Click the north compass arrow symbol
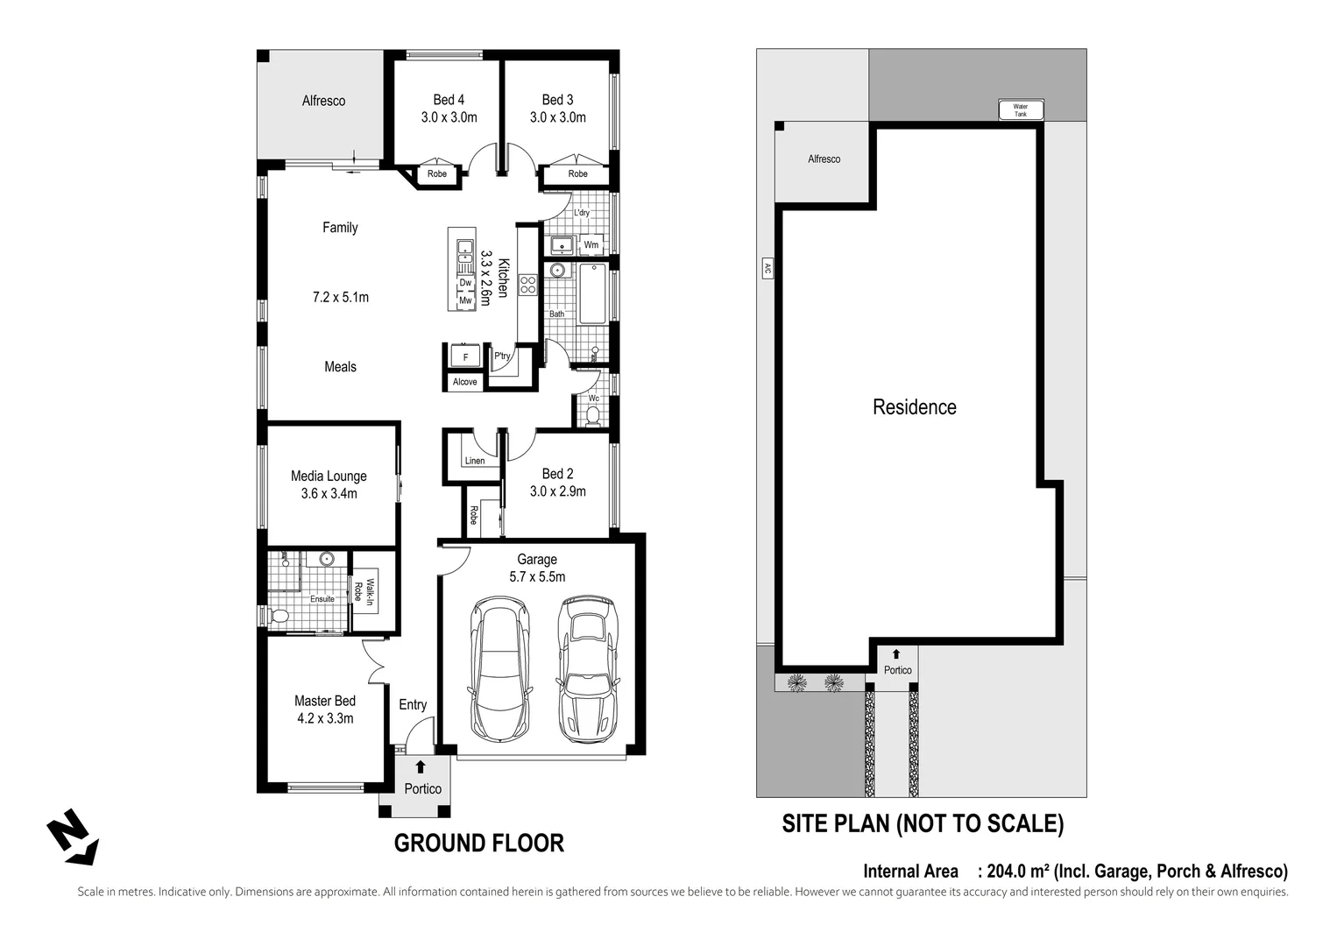72,838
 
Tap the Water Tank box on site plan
1021,110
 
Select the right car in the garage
587,669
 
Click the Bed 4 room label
449,100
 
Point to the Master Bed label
324,701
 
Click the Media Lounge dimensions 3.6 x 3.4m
329,494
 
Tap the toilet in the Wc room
593,414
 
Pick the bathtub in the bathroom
592,293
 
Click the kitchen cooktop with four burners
527,285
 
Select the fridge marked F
465,357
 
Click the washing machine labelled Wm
591,244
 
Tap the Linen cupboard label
474,461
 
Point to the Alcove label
464,382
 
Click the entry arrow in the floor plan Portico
421,767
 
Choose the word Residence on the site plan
914,407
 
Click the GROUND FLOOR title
478,844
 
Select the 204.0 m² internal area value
1019,872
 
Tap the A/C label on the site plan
766,270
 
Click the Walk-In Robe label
364,592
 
